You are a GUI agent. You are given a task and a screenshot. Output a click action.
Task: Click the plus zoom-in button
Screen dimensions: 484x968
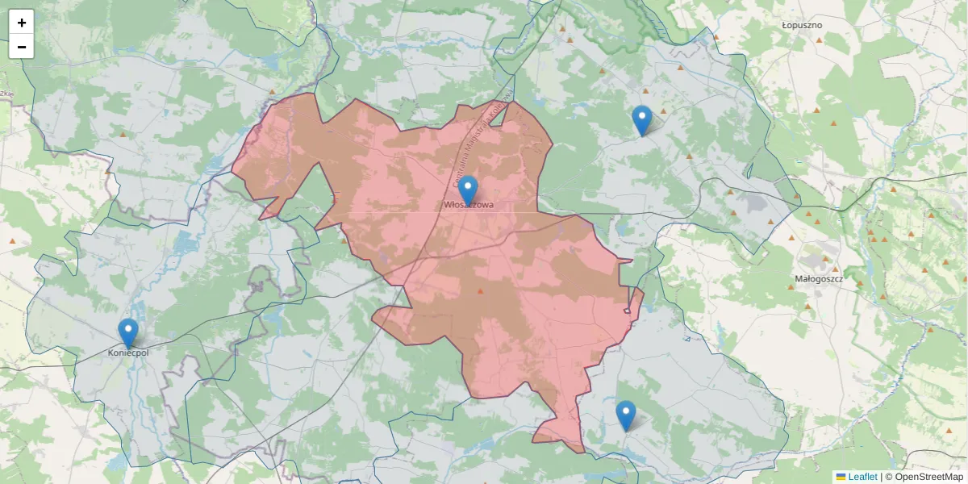22,23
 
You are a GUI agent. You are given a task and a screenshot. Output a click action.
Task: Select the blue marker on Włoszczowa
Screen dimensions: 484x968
468,190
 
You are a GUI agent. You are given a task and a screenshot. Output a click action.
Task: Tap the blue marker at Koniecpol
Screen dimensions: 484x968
128,333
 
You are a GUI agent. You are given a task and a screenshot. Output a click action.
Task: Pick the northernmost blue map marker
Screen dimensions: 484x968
642,120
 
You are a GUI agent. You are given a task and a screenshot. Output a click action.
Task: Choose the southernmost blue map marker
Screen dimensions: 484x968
626,415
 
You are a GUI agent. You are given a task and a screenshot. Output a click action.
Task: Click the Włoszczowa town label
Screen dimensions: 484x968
469,206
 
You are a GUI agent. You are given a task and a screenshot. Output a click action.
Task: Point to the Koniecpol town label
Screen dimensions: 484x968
128,353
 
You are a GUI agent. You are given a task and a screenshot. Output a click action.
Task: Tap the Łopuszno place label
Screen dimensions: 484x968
802,25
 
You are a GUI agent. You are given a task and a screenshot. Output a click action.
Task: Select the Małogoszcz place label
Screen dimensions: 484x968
819,278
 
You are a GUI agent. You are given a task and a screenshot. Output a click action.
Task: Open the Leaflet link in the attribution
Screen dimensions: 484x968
862,477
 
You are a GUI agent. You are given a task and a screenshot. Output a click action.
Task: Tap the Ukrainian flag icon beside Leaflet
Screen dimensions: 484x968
841,477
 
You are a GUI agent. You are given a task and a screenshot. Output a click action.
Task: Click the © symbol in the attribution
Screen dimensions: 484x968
889,477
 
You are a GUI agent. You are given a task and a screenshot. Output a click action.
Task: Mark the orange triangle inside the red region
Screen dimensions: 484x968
481,291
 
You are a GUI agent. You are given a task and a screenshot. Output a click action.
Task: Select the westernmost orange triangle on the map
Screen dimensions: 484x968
12,241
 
